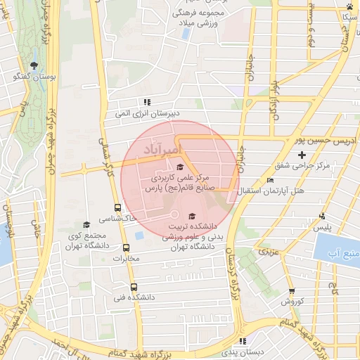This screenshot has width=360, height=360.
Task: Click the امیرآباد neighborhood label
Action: [162, 150]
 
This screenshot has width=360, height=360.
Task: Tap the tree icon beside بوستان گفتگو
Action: [34, 65]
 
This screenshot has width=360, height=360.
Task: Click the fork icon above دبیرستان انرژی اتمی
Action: [147, 101]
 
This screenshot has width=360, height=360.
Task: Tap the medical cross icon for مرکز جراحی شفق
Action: [302, 155]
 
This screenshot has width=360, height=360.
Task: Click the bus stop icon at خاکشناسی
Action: [117, 207]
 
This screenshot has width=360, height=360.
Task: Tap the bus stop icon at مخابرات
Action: [126, 247]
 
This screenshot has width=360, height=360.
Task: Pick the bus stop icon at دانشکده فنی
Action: [134, 286]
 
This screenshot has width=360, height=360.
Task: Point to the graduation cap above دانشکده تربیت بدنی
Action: [193, 215]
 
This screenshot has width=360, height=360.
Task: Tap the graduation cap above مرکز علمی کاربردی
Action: [181, 167]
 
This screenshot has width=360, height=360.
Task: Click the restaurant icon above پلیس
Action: [322, 217]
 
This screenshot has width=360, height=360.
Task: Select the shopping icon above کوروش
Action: [292, 290]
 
